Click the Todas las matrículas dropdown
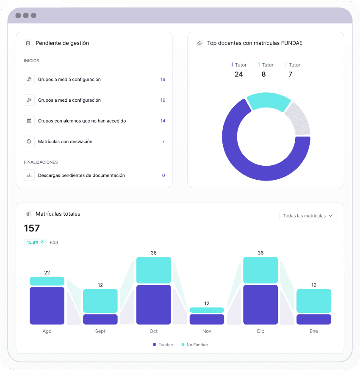coord(308,216)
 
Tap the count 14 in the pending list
coord(163,121)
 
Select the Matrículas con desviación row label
coord(65,142)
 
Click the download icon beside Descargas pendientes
coord(29,175)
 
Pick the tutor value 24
coord(239,74)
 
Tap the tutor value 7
coord(290,74)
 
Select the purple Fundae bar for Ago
coord(47,306)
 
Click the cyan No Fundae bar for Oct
coord(153,270)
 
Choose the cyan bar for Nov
coord(207,310)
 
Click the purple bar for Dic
coord(260,305)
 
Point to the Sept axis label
coord(100,331)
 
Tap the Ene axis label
coord(313,331)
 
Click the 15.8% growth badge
coord(35,242)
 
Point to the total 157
coord(32,228)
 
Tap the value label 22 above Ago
coord(47,273)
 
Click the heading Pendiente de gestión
coord(62,43)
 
